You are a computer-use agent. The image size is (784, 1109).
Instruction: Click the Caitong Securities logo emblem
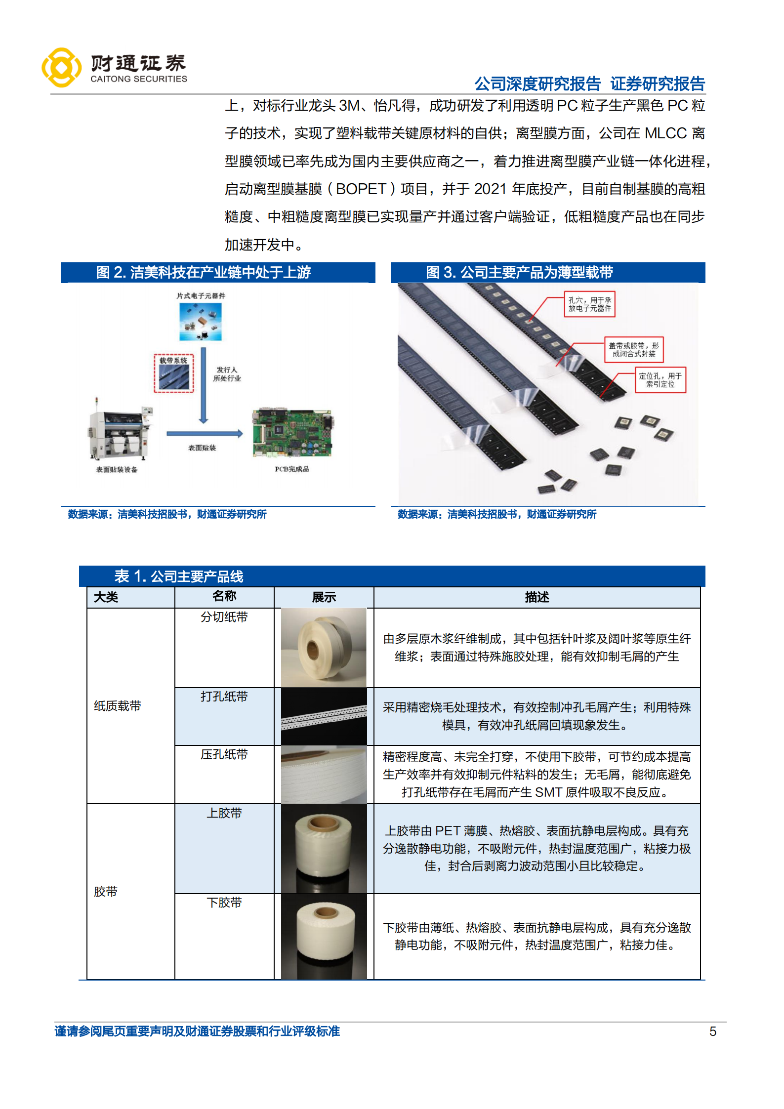pos(61,68)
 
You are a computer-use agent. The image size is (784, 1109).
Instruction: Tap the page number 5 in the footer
pos(712,1031)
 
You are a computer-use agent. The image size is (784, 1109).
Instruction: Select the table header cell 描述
pos(536,597)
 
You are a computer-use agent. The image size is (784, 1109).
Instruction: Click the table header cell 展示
pos(324,597)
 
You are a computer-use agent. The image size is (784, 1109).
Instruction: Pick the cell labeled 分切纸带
pos(224,617)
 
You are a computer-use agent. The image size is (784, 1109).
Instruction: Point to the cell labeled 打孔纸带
pos(224,697)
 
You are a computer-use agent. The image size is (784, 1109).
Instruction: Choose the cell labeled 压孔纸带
pos(224,754)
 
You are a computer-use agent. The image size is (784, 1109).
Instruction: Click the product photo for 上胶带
pos(324,848)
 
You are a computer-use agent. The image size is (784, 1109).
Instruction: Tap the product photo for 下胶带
pos(324,936)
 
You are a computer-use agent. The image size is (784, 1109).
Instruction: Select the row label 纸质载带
pos(118,706)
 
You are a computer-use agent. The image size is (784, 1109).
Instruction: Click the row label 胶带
pos(106,892)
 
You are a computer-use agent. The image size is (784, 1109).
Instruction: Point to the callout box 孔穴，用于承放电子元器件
pos(589,304)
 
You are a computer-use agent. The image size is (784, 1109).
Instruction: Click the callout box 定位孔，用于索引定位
pos(660,380)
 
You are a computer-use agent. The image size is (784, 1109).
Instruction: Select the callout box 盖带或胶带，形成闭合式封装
pos(633,350)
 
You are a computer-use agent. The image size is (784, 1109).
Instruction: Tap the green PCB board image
pos(292,433)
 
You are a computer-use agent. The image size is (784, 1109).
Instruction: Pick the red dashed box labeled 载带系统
pos(173,373)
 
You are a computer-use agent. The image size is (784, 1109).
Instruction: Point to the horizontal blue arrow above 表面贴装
pos(205,434)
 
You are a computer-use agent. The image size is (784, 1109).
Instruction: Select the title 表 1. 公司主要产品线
pos(179,576)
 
